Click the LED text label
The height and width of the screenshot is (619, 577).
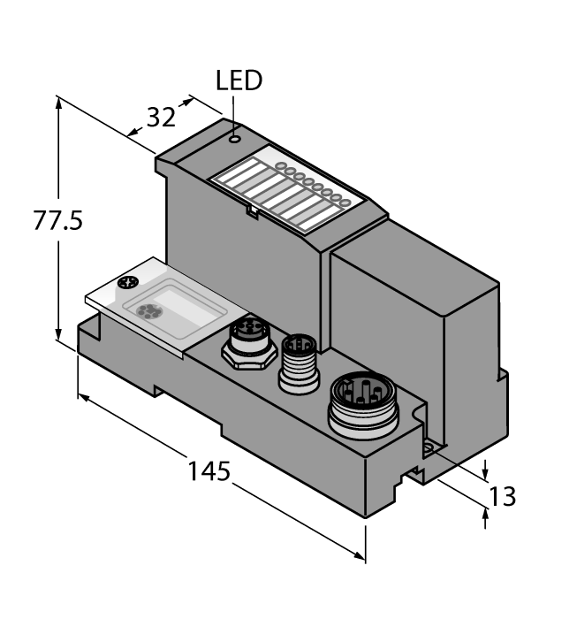click(x=239, y=81)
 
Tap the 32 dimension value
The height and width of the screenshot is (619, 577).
click(x=160, y=118)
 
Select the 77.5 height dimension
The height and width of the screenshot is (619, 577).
click(x=57, y=222)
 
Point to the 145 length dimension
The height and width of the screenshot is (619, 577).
click(x=209, y=471)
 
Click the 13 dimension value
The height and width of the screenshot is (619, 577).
click(x=501, y=497)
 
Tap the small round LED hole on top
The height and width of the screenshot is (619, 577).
click(x=234, y=138)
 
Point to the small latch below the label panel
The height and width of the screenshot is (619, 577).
click(x=252, y=211)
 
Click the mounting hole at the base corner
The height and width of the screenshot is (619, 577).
click(x=428, y=449)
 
